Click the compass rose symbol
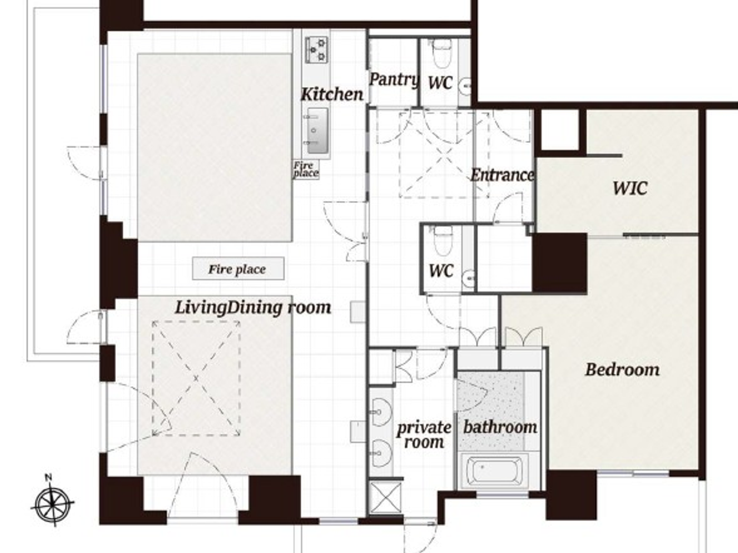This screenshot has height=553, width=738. pyautogui.click(x=52, y=505)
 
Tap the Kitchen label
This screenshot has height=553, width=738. pyautogui.click(x=332, y=94)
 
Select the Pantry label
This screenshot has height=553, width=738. pyautogui.click(x=394, y=80)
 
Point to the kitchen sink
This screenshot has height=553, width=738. pyautogui.click(x=317, y=129)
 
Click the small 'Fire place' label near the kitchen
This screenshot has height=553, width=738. pyautogui.click(x=306, y=169)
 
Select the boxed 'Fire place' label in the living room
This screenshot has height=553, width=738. pyautogui.click(x=238, y=269)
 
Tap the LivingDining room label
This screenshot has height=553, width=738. pyautogui.click(x=253, y=307)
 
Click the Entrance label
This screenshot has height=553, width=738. pyautogui.click(x=502, y=175)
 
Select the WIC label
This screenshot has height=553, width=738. pyautogui.click(x=629, y=188)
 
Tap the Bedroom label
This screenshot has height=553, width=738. pyautogui.click(x=622, y=369)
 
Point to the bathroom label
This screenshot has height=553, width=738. pyautogui.click(x=500, y=427)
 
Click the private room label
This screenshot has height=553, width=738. pyautogui.click(x=423, y=434)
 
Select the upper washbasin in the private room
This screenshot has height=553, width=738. pyautogui.click(x=381, y=411)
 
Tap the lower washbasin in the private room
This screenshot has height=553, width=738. pyautogui.click(x=381, y=452)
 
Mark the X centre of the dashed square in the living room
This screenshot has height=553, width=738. pyautogui.click(x=196, y=379)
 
